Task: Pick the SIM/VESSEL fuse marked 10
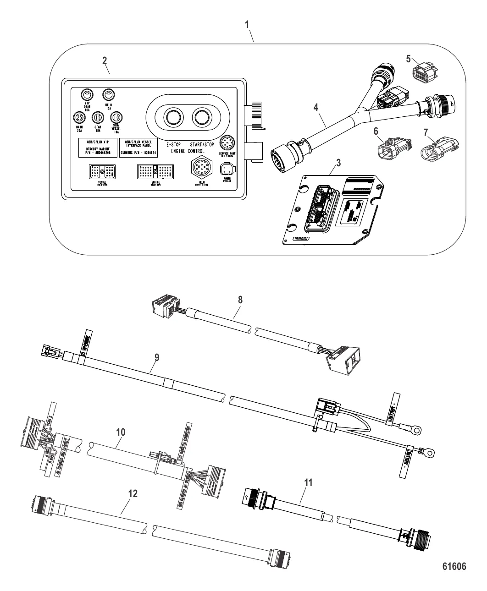(x=116, y=118)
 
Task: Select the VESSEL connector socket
(x=101, y=172)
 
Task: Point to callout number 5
(x=409, y=59)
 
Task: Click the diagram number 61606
(x=453, y=567)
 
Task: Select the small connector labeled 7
(x=433, y=148)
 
